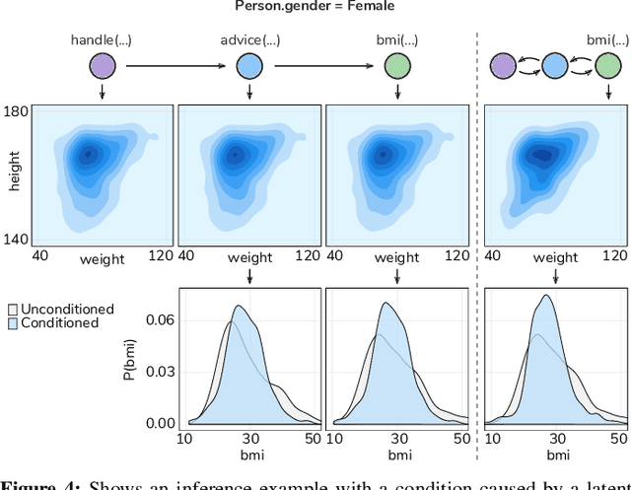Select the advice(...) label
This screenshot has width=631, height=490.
click(248, 40)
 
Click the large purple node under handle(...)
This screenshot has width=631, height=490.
click(102, 67)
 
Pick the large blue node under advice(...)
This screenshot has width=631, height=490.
click(248, 67)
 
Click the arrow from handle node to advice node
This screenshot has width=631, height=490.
click(175, 67)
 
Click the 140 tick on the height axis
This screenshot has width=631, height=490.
click(17, 238)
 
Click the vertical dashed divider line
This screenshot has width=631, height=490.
click(477, 246)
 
